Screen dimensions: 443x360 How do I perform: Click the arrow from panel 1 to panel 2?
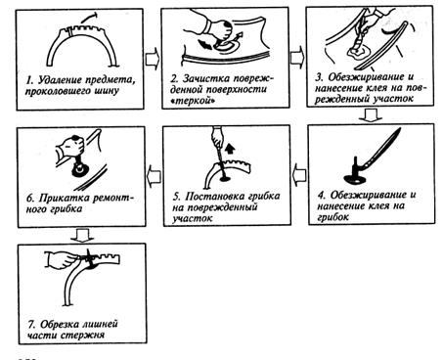pos(153,59)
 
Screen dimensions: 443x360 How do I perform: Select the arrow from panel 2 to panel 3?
pos(297,58)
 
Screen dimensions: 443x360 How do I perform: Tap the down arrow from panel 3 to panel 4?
pos(370,115)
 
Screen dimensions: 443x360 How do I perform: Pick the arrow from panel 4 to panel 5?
pos(299,175)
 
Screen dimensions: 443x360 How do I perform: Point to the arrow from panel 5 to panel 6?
pos(155,176)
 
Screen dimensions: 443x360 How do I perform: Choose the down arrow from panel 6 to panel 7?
pos(82,236)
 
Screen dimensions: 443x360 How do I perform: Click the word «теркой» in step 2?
pos(193,101)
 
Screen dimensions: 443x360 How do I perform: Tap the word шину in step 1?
pos(107,91)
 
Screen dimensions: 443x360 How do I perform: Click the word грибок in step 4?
pos(333,217)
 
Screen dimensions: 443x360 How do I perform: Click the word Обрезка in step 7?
pos(60,324)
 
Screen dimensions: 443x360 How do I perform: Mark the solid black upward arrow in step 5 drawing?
pos(230,149)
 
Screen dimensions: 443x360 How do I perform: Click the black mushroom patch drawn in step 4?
pos(355,175)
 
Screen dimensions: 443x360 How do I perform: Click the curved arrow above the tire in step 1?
pos(89,18)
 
